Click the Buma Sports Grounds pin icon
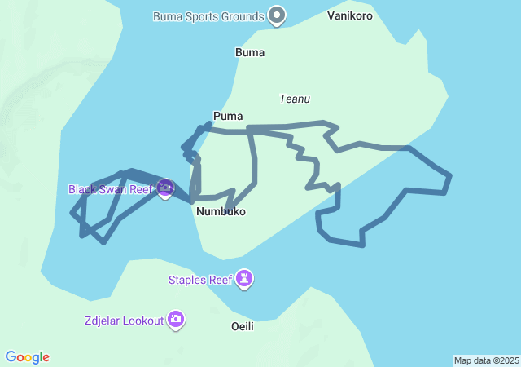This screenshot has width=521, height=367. point(278,15)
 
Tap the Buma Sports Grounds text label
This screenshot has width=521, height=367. point(208,16)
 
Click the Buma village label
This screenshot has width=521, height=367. point(250,53)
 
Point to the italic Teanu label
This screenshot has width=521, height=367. point(295,99)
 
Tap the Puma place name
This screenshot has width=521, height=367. point(228,116)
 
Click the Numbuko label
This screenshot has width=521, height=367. point(221,211)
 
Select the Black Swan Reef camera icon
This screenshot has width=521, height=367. point(165,189)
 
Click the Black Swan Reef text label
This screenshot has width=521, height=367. point(111,189)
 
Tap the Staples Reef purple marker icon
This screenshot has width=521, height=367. point(245,280)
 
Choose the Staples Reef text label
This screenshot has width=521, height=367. point(200,281)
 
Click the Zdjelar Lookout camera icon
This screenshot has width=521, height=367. point(176,320)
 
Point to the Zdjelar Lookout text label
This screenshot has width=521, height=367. point(123,321)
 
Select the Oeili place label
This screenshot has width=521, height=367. point(243,326)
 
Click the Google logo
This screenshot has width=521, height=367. point(28,357)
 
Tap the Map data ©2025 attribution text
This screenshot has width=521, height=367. point(486,360)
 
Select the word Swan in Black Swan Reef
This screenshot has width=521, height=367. point(115,189)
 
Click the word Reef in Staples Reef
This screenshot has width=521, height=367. point(220,281)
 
